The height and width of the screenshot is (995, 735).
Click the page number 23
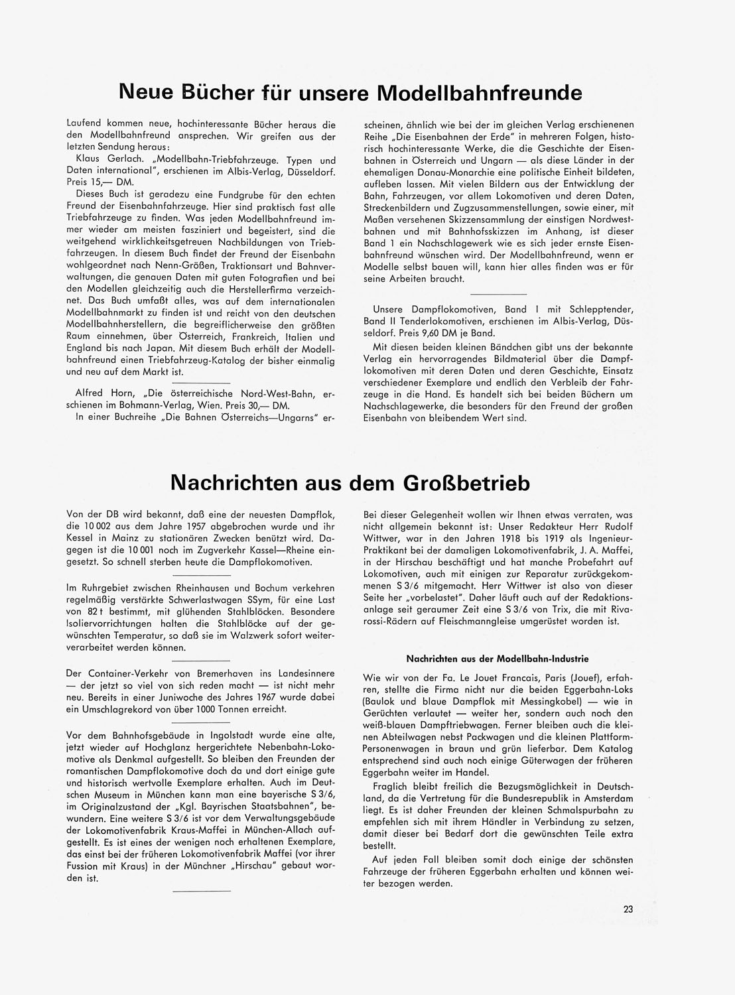[x=628, y=909]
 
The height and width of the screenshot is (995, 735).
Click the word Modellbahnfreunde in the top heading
[x=479, y=92]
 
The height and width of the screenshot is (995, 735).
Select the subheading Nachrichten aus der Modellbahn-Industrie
[x=497, y=659]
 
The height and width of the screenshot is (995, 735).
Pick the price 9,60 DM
[x=441, y=333]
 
